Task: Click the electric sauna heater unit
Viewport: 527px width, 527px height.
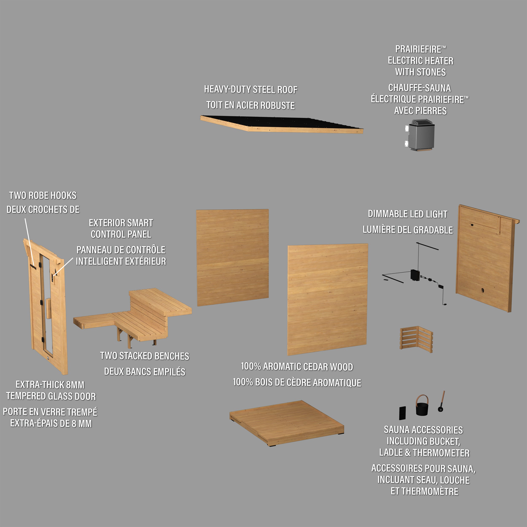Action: [x=419, y=135]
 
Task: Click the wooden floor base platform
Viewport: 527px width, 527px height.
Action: [x=287, y=423]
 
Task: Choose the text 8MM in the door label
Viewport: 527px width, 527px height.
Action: [x=75, y=385]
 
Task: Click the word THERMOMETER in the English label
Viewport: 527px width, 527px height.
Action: [x=441, y=453]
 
